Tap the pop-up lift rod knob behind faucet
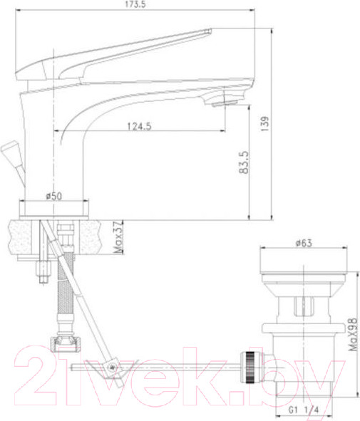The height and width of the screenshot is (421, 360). click(x=11, y=151)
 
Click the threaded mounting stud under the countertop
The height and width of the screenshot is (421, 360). click(x=41, y=271)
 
